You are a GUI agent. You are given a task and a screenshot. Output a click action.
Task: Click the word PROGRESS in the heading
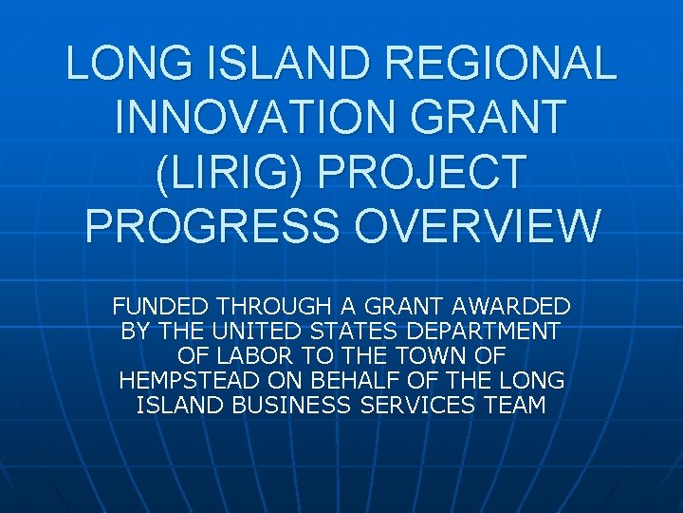(x=204, y=226)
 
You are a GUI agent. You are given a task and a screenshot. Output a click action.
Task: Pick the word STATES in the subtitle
(x=348, y=332)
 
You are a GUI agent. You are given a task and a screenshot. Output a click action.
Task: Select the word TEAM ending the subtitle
(x=513, y=406)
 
